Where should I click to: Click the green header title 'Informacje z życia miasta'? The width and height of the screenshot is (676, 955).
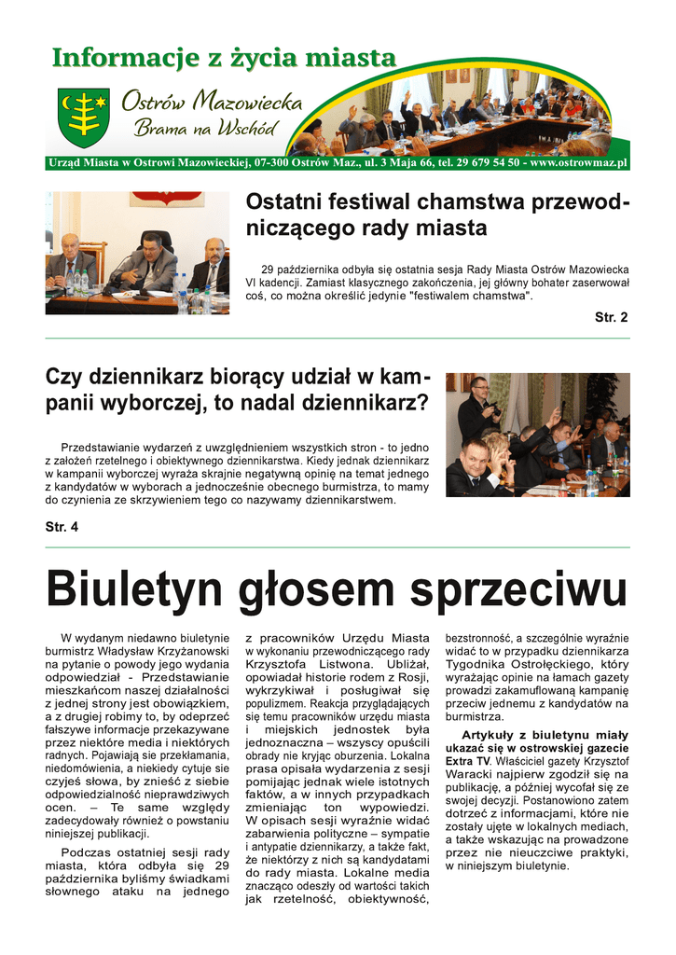224,58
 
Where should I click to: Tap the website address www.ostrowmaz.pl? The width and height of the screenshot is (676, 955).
578,163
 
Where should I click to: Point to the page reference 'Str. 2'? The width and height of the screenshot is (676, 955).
611,317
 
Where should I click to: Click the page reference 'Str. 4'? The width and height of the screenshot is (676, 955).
62,527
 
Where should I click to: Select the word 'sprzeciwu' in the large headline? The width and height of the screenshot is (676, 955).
521,589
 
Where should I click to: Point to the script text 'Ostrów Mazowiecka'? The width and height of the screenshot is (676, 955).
211,102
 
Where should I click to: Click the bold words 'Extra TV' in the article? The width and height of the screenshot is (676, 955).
467,761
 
